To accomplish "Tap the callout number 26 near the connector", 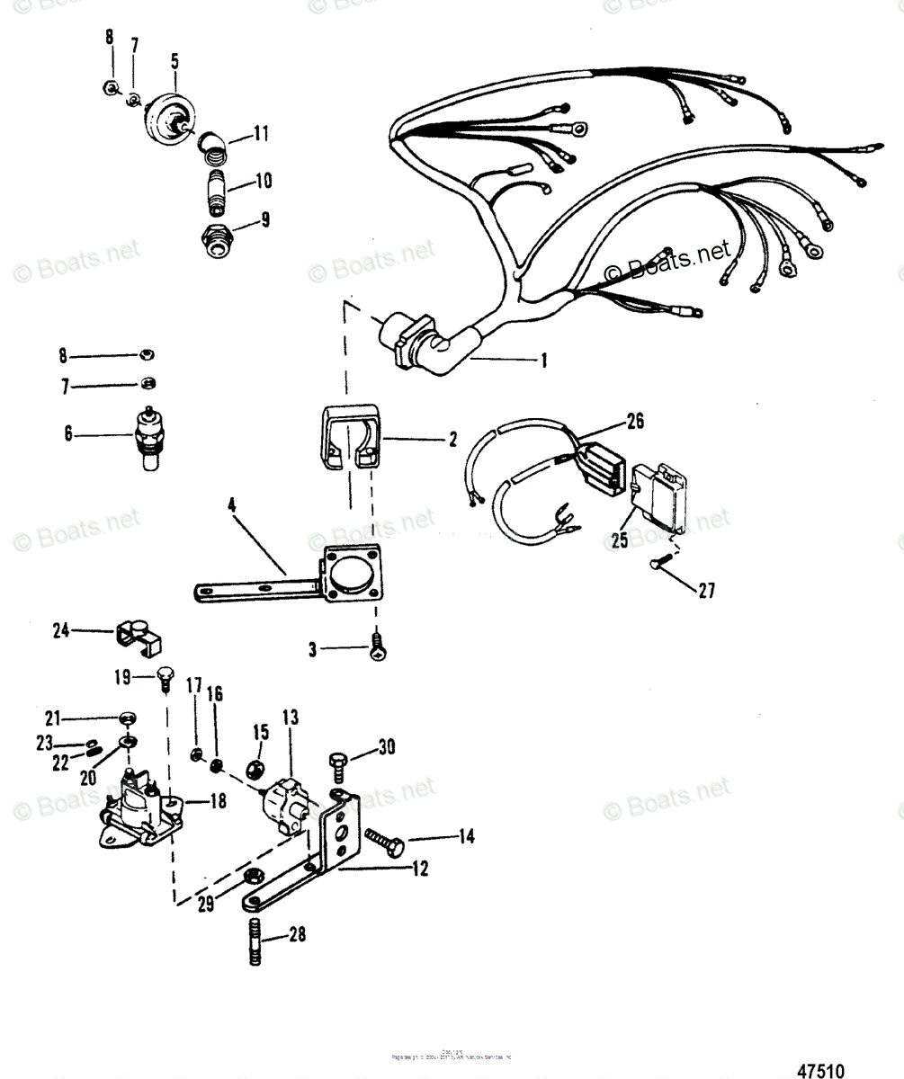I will point(635,419).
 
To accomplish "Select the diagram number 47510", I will point(820,1071).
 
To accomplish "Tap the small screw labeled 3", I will point(378,644).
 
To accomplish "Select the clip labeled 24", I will point(138,634).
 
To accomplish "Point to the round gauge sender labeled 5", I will point(168,119).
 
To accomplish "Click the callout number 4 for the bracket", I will point(232,506).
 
